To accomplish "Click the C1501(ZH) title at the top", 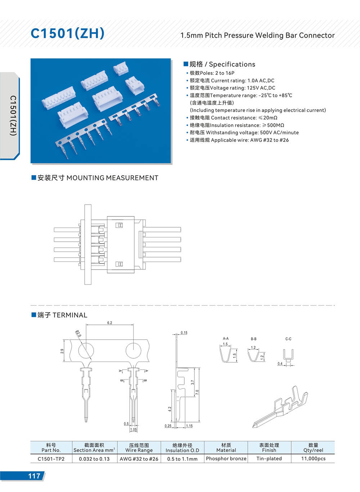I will (68, 33).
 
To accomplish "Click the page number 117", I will (34, 476).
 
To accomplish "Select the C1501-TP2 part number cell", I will (51, 459).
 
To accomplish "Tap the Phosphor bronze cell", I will (226, 459).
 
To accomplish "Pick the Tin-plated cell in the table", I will (269, 459).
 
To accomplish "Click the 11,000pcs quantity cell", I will (313, 459).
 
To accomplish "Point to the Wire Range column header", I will (139, 448).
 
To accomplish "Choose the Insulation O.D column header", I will (183, 448).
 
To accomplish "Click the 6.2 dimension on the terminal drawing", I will (109, 323).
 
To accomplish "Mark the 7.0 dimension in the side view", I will (197, 392).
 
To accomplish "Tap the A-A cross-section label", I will (226, 339).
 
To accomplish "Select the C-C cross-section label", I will (288, 339).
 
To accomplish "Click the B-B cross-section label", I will (254, 339).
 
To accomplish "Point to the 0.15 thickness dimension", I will (184, 333).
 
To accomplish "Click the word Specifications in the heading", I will (232, 64).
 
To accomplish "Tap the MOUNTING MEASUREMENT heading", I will (112, 178).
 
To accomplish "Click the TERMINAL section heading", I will (70, 315).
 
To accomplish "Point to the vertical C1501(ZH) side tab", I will (13, 115).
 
